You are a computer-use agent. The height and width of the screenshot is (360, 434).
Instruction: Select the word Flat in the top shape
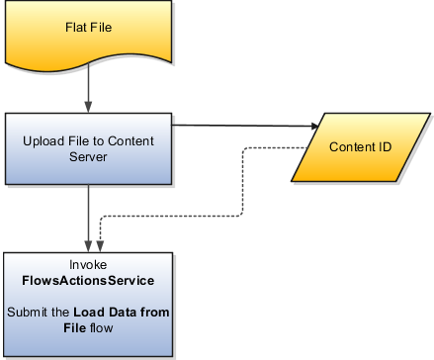(77, 26)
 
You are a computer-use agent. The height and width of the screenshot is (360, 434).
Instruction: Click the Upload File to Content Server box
(90, 147)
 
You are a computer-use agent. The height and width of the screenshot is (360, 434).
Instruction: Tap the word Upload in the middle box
(43, 139)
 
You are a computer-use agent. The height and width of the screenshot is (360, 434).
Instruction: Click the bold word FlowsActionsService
(90, 281)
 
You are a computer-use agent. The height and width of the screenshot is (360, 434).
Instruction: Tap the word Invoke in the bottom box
(90, 266)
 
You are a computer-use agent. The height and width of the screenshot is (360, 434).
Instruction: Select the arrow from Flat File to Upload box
(90, 89)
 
